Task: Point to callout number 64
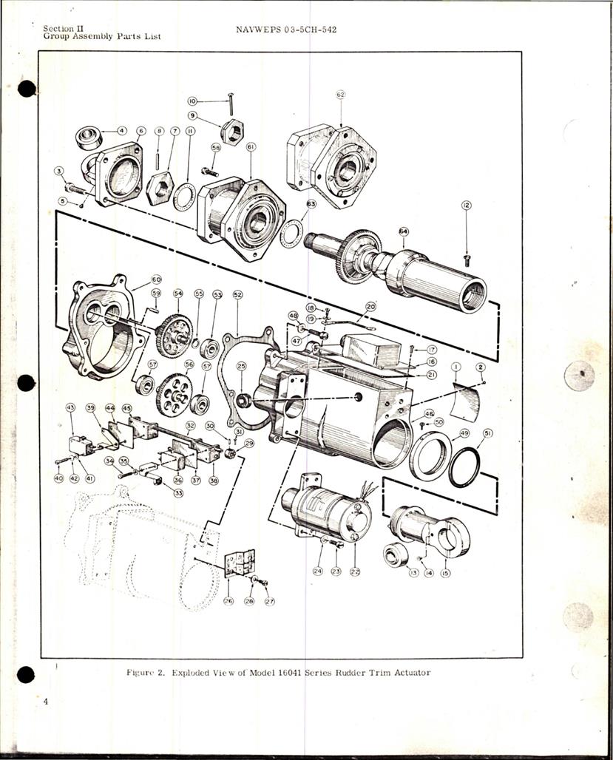404,231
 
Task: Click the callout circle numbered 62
341,95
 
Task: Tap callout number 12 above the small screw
466,205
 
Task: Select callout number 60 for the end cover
156,279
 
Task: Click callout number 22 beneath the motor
355,571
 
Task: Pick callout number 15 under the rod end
445,573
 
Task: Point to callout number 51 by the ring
487,433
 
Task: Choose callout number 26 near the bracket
228,601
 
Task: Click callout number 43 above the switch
71,407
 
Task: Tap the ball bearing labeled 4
89,138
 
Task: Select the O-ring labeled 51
464,467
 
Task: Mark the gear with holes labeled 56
175,394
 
